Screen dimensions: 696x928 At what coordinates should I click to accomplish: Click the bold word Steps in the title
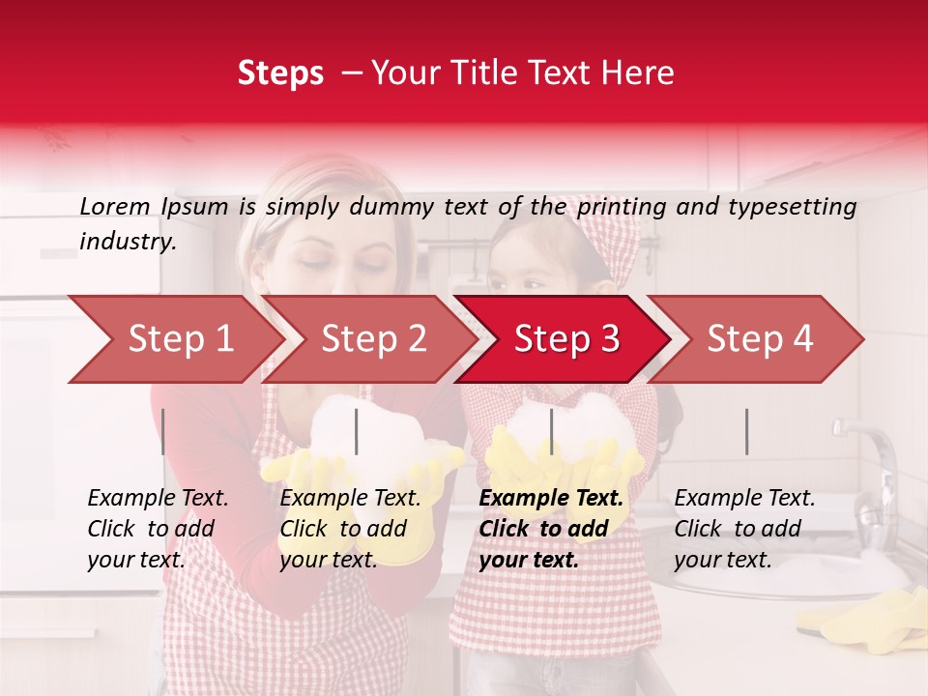coord(280,73)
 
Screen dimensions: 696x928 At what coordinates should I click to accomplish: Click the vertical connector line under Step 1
coord(163,431)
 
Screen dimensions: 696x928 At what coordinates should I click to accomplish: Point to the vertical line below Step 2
coord(357,431)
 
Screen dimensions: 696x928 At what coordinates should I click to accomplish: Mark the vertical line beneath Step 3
coord(551,431)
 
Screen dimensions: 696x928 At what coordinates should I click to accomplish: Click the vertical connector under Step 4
coord(746,431)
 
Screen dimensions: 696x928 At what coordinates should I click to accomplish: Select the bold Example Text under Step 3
coord(551,529)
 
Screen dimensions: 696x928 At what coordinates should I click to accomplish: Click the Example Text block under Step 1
coord(158,529)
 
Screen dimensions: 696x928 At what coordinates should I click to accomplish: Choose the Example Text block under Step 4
coord(744,529)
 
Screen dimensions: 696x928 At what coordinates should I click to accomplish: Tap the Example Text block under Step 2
coord(350,529)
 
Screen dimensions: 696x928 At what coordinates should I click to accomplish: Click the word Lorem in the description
coord(115,207)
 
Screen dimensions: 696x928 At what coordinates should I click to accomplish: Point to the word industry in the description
coord(128,242)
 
